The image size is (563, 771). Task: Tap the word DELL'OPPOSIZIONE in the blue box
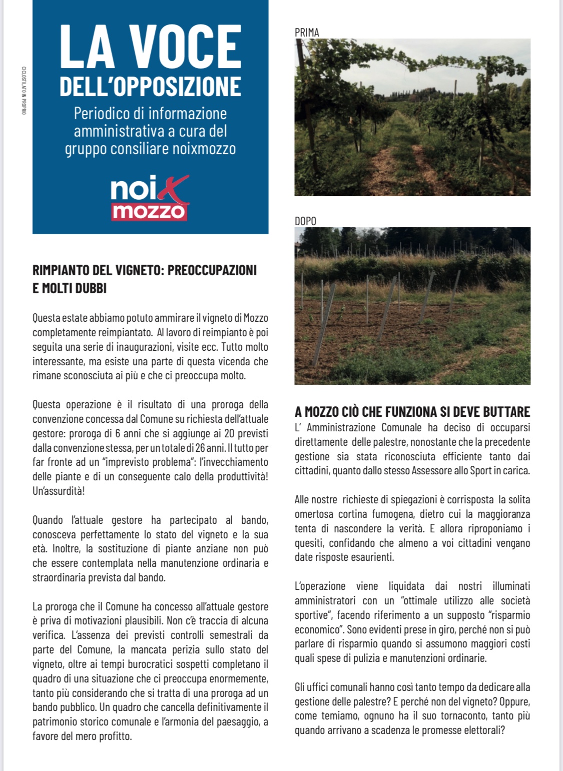click(150, 87)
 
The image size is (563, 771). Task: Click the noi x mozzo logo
click(150, 198)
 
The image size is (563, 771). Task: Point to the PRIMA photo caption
click(307, 33)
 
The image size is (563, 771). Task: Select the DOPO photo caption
click(305, 221)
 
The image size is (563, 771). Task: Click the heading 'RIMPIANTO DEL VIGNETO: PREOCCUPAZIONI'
click(144, 271)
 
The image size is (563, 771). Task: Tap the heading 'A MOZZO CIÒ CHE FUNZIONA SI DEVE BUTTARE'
click(412, 412)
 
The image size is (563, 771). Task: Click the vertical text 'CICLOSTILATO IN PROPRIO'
click(24, 90)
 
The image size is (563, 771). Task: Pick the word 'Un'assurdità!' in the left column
click(59, 491)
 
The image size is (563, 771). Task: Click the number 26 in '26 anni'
click(201, 448)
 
